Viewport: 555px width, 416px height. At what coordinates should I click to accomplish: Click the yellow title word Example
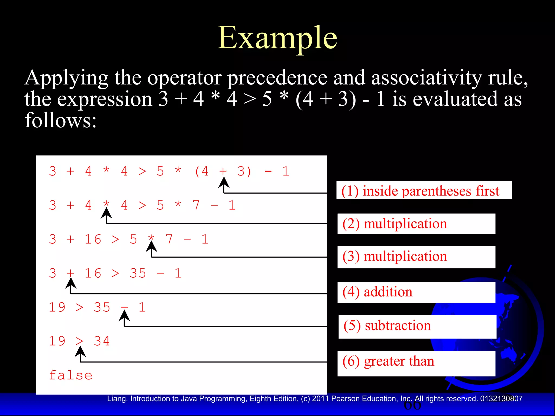click(x=277, y=38)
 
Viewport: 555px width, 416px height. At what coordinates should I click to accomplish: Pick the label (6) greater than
click(x=388, y=361)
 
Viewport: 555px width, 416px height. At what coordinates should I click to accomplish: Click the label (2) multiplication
click(x=395, y=224)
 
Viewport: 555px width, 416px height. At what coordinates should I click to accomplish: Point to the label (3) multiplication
click(x=395, y=256)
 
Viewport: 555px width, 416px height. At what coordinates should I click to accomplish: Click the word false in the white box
click(x=71, y=375)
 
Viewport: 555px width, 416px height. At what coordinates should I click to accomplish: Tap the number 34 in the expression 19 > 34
click(x=102, y=341)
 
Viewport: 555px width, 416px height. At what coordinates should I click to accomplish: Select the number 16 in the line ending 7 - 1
click(x=93, y=239)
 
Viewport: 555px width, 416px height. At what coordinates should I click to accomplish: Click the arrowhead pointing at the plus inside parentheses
click(x=224, y=182)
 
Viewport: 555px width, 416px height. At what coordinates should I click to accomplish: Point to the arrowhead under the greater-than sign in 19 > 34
click(x=80, y=351)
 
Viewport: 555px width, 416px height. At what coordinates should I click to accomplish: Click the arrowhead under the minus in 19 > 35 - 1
click(x=124, y=315)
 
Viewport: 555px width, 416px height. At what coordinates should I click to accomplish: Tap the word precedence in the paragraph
click(x=277, y=78)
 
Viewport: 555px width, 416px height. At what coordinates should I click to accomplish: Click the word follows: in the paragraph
click(x=60, y=120)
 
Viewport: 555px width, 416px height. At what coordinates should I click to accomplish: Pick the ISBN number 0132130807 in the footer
click(x=501, y=399)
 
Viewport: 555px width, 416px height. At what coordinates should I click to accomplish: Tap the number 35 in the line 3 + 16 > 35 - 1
click(x=138, y=273)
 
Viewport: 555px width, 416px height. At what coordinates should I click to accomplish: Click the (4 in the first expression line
click(x=202, y=171)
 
